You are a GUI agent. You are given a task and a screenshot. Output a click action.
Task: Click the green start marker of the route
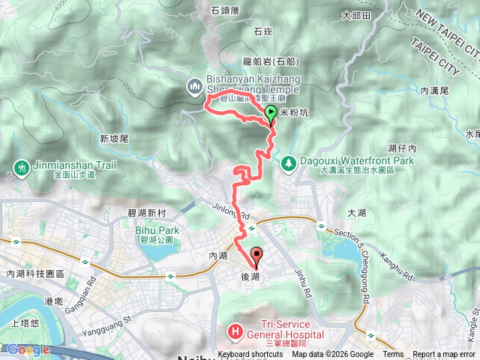(x=271, y=114)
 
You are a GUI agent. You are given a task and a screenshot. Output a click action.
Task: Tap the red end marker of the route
(x=255, y=256)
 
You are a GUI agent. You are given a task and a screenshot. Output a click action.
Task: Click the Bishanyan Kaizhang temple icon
(x=195, y=87)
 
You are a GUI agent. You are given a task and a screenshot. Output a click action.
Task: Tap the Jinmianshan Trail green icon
(x=19, y=165)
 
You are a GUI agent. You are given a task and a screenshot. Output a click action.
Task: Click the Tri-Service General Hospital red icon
(x=235, y=331)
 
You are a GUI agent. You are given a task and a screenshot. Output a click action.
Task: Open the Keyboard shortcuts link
(x=250, y=355)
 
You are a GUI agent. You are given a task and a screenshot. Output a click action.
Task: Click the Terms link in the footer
(x=393, y=355)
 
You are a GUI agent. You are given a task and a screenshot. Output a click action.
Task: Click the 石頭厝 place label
(x=224, y=11)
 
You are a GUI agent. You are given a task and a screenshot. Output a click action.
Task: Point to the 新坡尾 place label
(x=114, y=139)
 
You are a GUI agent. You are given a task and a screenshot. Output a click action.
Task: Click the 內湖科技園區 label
(x=34, y=274)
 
